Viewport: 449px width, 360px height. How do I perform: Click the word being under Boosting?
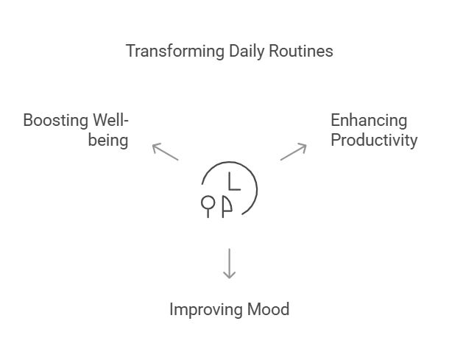[x=108, y=140]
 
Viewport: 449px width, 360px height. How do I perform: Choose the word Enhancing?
[x=368, y=120]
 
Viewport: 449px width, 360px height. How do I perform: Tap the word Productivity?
[x=373, y=140]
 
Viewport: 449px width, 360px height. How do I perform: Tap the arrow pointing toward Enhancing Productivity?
[x=293, y=151]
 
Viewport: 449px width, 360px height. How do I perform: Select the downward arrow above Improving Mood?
[x=229, y=263]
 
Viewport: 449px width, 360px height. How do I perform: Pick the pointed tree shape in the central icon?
[x=227, y=205]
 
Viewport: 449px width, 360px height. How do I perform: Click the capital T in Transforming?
[x=130, y=51]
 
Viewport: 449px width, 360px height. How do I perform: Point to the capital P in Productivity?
[x=336, y=140]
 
